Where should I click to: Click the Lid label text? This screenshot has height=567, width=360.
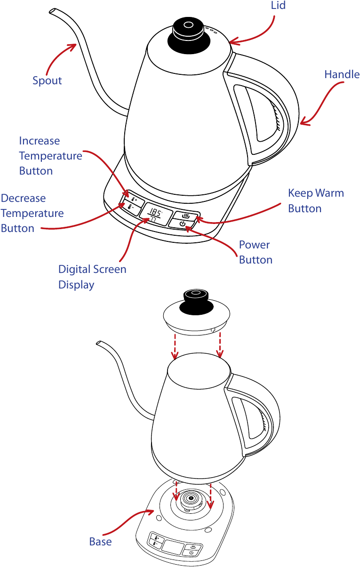278,5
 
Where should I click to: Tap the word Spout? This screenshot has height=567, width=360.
47,81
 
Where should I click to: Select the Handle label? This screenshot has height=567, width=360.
342,74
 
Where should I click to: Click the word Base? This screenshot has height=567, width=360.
101,542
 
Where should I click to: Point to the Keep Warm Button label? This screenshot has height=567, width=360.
316,201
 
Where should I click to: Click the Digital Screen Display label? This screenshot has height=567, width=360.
92,277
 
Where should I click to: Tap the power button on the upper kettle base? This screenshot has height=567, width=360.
183,224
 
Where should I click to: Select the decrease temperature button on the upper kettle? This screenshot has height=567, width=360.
129,208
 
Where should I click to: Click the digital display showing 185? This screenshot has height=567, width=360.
154,215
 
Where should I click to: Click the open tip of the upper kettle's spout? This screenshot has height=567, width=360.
52,12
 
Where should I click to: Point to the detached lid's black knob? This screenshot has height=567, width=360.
196,303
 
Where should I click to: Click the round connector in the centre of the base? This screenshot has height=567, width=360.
191,499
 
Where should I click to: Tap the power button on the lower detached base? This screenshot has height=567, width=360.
192,552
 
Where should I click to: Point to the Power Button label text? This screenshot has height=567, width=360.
256,252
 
